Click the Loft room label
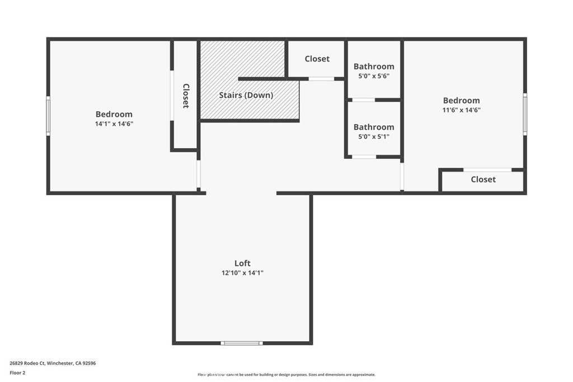242,263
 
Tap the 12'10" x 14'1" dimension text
242,273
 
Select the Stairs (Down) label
246,95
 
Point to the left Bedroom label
114,114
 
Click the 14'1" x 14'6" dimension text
114,124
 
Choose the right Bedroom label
461,101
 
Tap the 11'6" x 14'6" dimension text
461,110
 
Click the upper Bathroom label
373,67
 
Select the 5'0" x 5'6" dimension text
373,76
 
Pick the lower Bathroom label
373,127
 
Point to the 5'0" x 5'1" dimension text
373,136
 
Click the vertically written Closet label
186,96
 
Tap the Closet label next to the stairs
317,59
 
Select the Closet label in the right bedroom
483,180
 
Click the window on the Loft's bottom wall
241,343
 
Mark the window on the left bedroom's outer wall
48,116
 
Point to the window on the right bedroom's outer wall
525,114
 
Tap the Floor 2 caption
18,372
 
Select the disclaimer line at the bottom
286,375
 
